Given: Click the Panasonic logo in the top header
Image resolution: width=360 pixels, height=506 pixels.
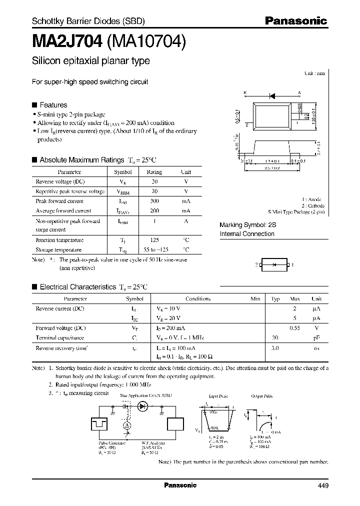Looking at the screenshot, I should tap(295, 21).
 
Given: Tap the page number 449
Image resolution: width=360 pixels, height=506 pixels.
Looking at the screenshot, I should tap(322, 485).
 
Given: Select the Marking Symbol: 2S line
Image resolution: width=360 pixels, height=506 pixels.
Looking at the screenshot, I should tap(248, 225).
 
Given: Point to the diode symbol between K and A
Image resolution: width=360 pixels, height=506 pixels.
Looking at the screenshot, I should tap(272, 93).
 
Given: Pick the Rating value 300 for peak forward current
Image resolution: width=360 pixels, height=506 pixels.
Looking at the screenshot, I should tap(154, 201).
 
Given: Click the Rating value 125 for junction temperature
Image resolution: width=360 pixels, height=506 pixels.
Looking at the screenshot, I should tap(154, 239).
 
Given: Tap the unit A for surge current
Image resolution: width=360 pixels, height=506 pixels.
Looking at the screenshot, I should tap(185, 220).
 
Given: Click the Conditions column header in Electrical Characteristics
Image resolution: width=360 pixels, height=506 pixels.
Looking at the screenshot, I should tap(198, 298).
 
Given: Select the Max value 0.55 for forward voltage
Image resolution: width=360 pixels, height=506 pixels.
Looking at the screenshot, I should tap(295, 327).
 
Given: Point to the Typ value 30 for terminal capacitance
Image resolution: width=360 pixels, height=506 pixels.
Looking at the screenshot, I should tap(274, 337).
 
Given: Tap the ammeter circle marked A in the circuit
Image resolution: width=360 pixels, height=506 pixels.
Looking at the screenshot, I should tap(127, 424).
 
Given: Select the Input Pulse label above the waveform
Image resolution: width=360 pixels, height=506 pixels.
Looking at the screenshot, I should tap(218, 396).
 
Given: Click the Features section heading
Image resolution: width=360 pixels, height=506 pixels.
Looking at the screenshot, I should tap(53, 105).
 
